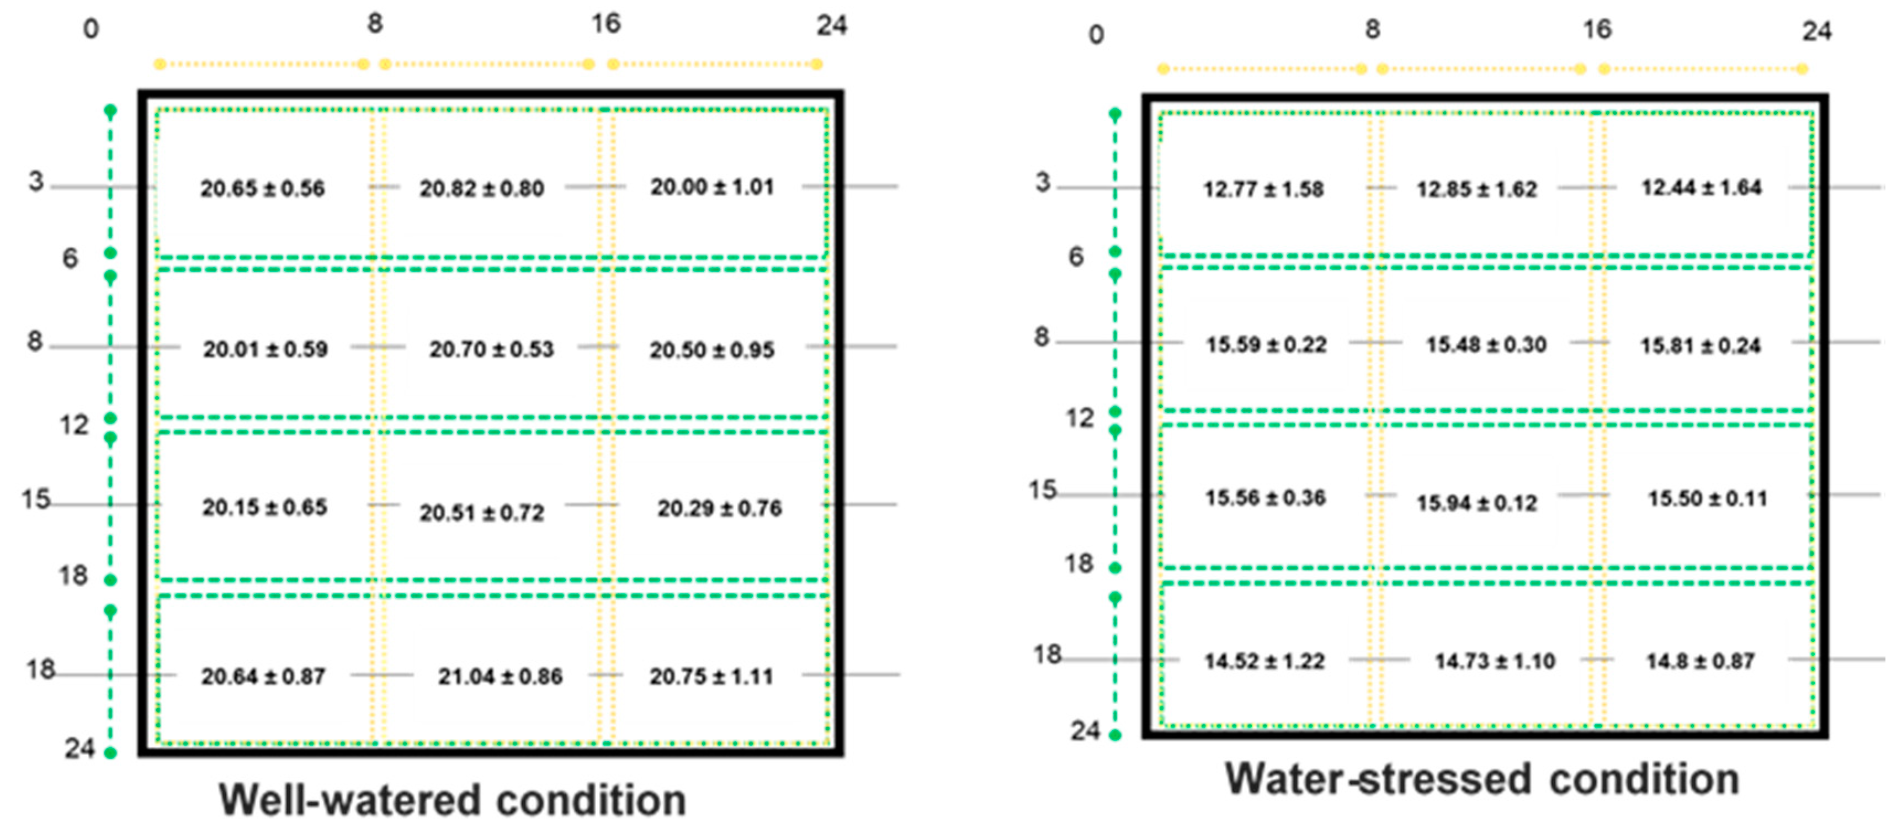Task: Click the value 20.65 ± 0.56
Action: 262,189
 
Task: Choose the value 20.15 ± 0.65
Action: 264,508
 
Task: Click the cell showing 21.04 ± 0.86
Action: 500,676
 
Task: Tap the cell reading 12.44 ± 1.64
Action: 1701,188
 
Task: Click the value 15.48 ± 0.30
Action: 1486,345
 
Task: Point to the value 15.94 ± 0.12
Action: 1476,503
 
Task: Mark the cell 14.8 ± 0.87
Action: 1699,661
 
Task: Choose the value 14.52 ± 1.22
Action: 1264,661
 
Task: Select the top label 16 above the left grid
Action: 605,24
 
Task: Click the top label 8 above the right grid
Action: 1372,29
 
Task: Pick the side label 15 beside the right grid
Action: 1043,490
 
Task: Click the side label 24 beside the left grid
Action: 79,748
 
